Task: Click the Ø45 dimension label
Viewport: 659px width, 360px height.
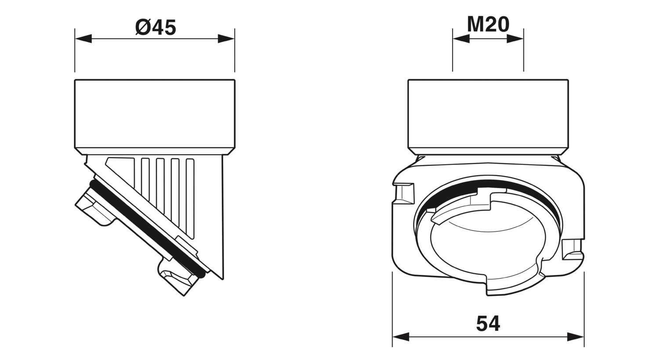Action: [156, 27]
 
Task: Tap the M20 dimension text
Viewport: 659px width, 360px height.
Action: [488, 25]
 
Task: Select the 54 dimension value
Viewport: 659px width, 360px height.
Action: [488, 324]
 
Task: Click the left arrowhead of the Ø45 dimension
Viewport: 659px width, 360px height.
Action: [83, 39]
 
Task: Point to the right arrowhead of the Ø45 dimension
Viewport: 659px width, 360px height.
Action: [226, 39]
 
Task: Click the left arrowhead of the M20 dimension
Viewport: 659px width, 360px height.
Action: [461, 39]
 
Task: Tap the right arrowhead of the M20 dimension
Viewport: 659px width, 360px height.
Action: [515, 39]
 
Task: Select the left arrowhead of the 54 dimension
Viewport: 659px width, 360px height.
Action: [401, 337]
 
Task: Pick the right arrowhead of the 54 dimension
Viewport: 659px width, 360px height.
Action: [576, 337]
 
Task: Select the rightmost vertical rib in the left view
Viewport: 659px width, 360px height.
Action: [190, 198]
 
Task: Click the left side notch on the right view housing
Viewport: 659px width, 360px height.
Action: [404, 194]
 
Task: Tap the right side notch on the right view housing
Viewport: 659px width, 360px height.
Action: [572, 249]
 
